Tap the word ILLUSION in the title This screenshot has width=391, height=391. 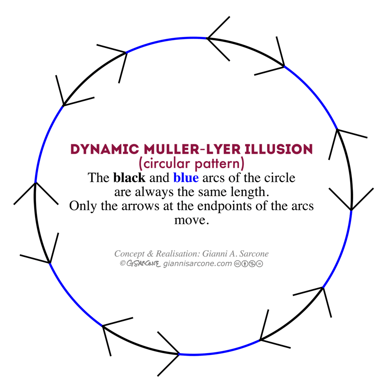pyautogui.click(x=282, y=149)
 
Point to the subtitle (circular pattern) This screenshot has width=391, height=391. pyautogui.click(x=191, y=164)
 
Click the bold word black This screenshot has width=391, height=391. pyautogui.click(x=129, y=178)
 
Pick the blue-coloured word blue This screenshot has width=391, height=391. pyautogui.click(x=186, y=178)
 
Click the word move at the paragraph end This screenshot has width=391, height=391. pyautogui.click(x=191, y=219)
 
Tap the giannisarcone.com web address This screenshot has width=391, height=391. pyautogui.click(x=198, y=263)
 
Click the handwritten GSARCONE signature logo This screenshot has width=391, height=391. pyautogui.click(x=144, y=263)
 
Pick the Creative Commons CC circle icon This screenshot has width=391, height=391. pyautogui.click(x=237, y=263)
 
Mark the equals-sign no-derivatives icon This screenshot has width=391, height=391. pyautogui.click(x=260, y=263)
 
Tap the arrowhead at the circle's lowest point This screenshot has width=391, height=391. pyautogui.click(x=179, y=354)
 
